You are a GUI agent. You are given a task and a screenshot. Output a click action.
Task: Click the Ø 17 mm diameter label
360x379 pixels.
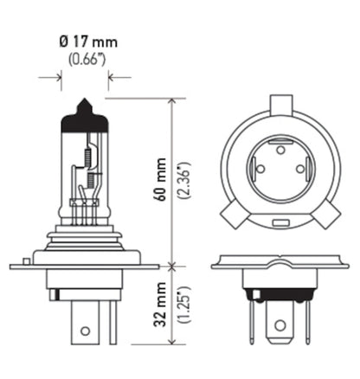coord(84,42)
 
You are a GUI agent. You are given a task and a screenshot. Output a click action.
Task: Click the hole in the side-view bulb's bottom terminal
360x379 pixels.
coord(84,328)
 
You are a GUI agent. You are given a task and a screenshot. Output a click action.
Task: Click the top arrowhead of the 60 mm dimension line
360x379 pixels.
coord(174,102)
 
